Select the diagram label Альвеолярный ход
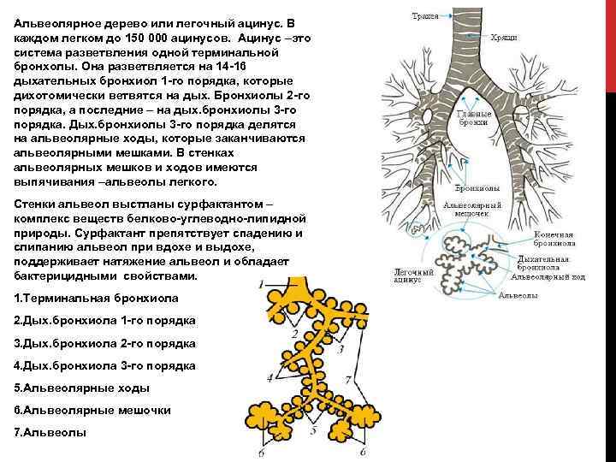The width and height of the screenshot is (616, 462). (x=560, y=276)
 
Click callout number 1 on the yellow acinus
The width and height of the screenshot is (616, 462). (x=260, y=283)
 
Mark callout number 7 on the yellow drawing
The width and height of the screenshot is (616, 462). (x=348, y=378)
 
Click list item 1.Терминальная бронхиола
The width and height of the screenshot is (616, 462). (x=97, y=297)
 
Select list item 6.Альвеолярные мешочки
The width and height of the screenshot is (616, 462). (x=93, y=410)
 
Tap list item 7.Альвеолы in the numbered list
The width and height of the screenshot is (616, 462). (x=50, y=432)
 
